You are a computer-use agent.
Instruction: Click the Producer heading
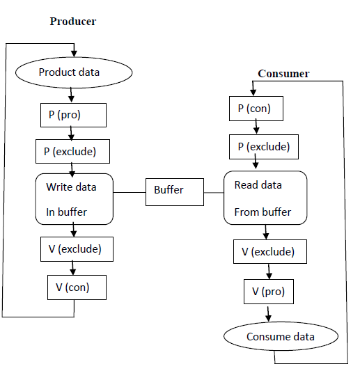(x=73, y=22)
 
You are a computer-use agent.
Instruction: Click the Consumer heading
(x=283, y=74)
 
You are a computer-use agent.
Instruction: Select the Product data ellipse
(x=74, y=72)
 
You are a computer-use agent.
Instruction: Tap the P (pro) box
(x=73, y=115)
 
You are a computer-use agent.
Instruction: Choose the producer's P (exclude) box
(x=72, y=152)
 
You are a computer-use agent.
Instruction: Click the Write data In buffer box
(x=75, y=199)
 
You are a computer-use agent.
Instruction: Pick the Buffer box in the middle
(x=175, y=192)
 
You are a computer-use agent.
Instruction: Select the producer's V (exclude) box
(x=77, y=249)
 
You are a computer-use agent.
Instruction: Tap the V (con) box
(x=77, y=287)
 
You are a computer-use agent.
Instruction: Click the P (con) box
(x=256, y=109)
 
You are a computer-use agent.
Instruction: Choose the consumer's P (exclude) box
(x=264, y=147)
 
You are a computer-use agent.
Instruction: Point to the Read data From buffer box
(x=265, y=198)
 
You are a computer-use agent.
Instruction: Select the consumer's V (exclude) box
(x=270, y=251)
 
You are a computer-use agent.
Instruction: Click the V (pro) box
(x=269, y=292)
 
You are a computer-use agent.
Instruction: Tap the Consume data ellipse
(x=281, y=336)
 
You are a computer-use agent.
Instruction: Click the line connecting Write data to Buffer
(x=130, y=192)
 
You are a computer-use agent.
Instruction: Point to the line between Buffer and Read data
(x=214, y=193)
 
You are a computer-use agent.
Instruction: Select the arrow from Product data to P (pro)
(x=71, y=95)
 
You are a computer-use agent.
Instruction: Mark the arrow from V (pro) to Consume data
(x=268, y=314)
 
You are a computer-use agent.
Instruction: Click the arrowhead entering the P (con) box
(x=253, y=93)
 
